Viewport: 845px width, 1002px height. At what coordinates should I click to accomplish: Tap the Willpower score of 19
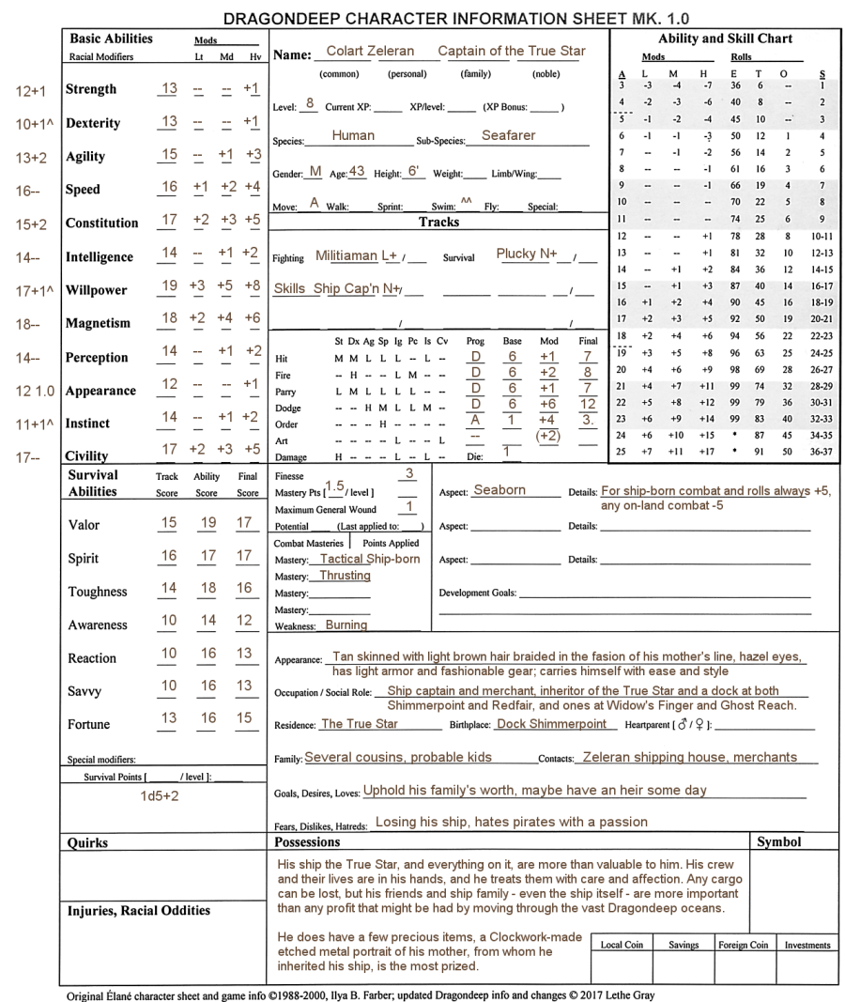point(169,289)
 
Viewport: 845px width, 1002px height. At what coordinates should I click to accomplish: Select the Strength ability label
point(91,89)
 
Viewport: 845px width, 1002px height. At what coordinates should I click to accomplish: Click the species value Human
point(353,136)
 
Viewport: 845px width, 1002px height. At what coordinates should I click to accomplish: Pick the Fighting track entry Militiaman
point(347,255)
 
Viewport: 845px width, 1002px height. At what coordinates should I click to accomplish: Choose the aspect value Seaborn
point(499,490)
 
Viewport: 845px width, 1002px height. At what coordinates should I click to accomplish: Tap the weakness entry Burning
point(347,624)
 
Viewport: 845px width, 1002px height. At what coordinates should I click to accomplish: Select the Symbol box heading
point(778,842)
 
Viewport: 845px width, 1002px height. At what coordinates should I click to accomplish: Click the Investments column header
point(807,945)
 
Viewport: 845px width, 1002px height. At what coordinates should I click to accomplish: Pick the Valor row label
point(84,525)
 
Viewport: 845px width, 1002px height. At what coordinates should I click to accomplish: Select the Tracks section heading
point(438,223)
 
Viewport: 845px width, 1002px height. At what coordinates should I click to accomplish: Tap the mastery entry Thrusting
point(345,576)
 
